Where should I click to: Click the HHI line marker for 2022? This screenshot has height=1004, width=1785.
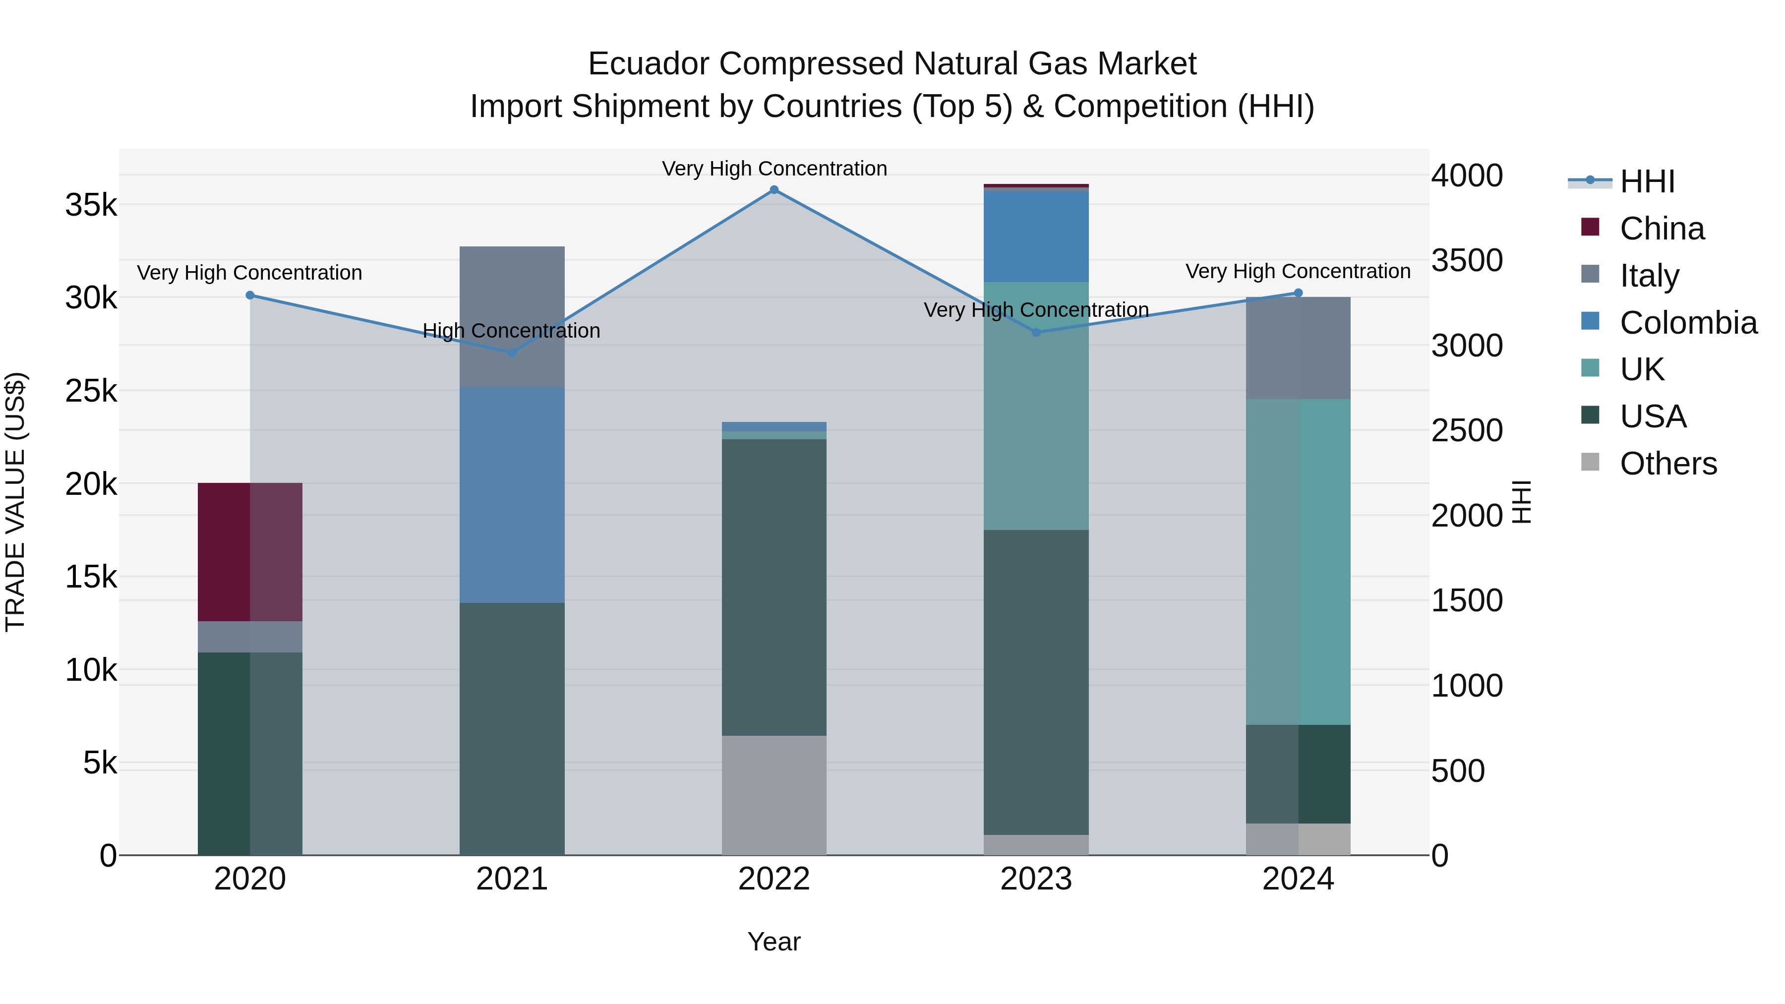[x=774, y=190]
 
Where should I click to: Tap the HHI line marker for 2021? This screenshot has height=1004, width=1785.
[x=512, y=352]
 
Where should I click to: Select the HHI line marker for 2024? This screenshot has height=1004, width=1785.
[x=1298, y=293]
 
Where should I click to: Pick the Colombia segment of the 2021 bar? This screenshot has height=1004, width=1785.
[x=512, y=495]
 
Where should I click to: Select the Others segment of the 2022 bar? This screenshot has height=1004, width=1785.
[x=774, y=795]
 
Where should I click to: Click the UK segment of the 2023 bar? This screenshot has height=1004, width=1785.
[x=1036, y=406]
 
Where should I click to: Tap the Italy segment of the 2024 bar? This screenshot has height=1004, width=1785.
[x=1298, y=348]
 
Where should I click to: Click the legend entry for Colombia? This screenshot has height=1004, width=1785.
[x=1688, y=323]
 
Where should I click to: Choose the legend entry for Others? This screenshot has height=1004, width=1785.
[x=1668, y=464]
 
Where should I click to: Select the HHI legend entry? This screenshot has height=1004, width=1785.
[x=1646, y=181]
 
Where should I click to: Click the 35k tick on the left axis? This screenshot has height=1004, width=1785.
[x=91, y=205]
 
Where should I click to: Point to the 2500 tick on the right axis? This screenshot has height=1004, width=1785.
[x=1466, y=431]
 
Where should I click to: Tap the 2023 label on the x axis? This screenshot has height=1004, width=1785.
[x=1036, y=879]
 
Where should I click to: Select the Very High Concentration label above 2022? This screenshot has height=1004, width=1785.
[x=774, y=169]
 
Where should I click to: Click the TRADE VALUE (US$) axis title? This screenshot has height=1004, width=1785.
[x=15, y=502]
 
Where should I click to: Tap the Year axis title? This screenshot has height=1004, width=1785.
[x=774, y=942]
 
